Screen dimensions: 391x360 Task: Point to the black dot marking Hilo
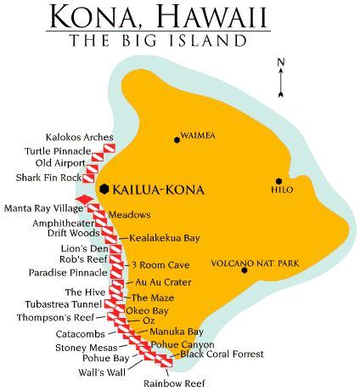coord(278,181)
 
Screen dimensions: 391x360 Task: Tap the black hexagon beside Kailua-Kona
coord(104,188)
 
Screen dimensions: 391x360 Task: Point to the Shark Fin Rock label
coord(48,177)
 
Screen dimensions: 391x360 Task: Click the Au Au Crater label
coord(157,281)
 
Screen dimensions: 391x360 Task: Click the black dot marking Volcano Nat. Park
coord(244,271)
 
